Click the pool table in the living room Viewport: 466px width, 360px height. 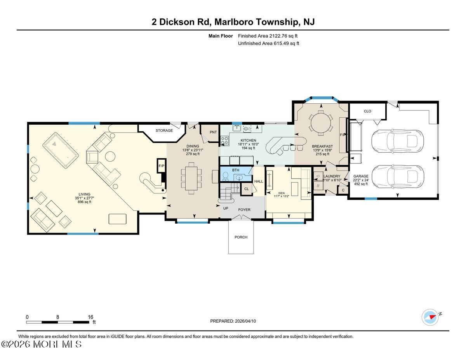[x=60, y=149]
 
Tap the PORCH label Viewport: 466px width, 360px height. [x=241, y=237]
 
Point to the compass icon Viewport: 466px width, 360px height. [x=430, y=317]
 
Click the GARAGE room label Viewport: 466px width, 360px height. [x=361, y=176]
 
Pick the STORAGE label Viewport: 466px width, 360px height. [x=164, y=130]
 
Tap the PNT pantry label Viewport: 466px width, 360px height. [x=213, y=132]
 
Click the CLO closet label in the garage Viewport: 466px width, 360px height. [x=367, y=111]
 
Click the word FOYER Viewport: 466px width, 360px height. [x=244, y=210]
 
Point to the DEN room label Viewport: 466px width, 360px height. [x=281, y=193]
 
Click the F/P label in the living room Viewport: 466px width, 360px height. [x=161, y=165]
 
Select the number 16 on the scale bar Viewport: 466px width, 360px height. [x=90, y=317]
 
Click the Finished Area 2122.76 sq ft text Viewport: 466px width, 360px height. [x=268, y=36]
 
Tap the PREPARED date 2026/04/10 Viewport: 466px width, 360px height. [x=233, y=321]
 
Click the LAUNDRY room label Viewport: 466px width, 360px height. [x=332, y=176]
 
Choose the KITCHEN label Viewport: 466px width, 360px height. [x=249, y=140]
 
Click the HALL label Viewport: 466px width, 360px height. [x=258, y=181]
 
